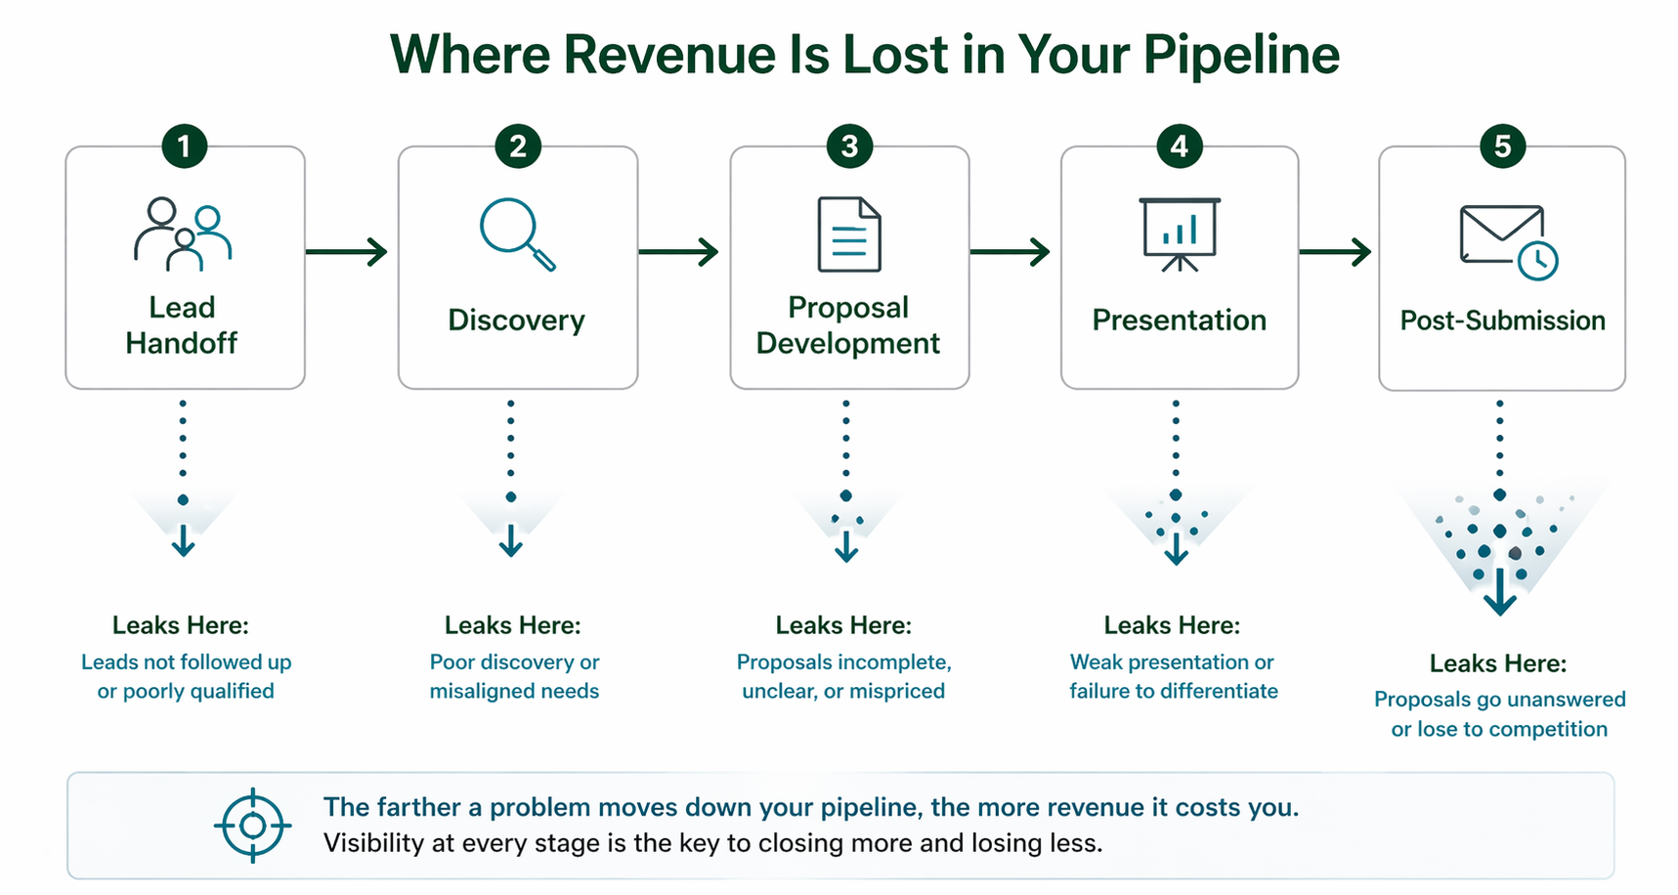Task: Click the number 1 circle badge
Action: (184, 147)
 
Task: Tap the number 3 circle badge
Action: (849, 147)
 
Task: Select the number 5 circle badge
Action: (1502, 147)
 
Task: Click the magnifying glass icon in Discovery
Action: (516, 234)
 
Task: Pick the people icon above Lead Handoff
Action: (183, 234)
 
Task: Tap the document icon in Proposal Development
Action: (848, 234)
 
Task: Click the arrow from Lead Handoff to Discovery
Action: (347, 252)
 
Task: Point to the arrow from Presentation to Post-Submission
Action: (1335, 252)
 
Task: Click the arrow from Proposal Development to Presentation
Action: (1010, 252)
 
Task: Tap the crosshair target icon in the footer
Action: (252, 826)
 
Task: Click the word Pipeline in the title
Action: (1240, 55)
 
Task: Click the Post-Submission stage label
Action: (1502, 320)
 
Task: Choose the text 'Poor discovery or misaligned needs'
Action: (514, 676)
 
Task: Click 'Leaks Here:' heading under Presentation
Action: (1172, 625)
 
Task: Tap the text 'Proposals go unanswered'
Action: (1499, 700)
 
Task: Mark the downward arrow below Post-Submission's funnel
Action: (1499, 592)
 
